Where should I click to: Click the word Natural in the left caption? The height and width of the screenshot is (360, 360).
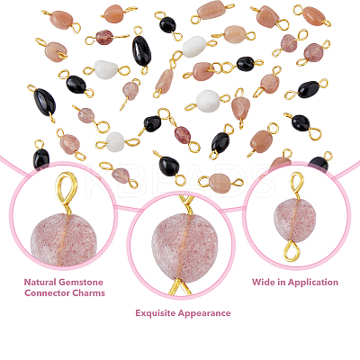40,283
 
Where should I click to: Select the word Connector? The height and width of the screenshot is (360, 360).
45,293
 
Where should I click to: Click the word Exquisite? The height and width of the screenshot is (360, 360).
156,313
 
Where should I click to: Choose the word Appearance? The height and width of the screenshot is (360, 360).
204,314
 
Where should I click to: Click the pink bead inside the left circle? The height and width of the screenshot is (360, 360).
64,240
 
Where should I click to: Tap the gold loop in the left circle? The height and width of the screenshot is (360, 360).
66,193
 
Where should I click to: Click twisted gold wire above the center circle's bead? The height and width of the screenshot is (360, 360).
186,204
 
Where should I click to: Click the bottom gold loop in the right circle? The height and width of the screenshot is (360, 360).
292,251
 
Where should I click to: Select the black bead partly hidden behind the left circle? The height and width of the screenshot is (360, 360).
40,159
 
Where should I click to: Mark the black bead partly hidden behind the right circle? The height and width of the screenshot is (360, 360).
319,164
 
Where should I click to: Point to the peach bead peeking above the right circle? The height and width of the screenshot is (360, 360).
280,164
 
